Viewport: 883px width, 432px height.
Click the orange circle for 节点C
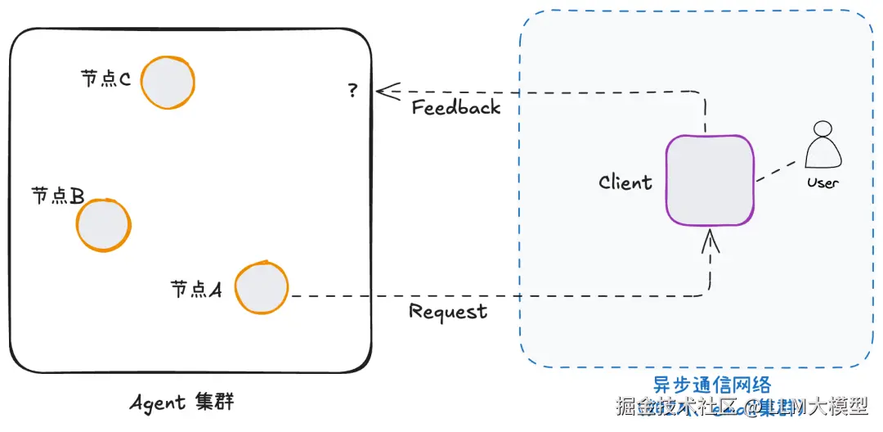168,82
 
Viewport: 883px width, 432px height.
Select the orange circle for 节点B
103,224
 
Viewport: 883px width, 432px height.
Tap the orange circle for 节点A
262,287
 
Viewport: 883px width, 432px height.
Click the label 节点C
106,79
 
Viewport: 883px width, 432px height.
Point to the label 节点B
58,196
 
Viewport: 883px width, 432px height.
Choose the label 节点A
196,289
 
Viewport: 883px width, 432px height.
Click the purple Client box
709,180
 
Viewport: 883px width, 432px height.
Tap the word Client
625,182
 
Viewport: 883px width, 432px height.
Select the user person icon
822,147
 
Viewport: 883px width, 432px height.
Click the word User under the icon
822,182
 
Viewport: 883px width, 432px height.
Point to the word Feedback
455,108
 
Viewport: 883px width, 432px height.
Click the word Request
448,312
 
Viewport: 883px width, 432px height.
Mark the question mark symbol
352,90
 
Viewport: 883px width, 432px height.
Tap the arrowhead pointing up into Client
710,238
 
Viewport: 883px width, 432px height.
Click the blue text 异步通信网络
711,385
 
